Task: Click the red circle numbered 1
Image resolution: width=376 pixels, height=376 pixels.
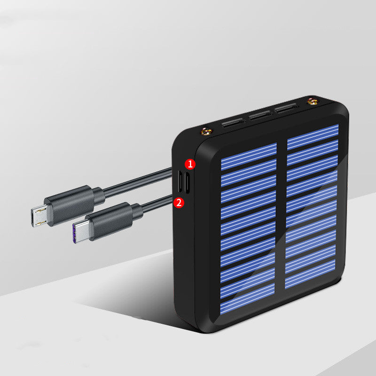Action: pyautogui.click(x=190, y=164)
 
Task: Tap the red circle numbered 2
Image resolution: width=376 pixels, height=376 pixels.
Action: pyautogui.click(x=179, y=203)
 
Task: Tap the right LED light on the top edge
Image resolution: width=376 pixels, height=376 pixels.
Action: pyautogui.click(x=311, y=101)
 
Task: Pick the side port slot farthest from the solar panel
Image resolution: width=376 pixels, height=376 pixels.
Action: pyautogui.click(x=180, y=181)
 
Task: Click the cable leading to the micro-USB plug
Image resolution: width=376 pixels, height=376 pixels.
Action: pyautogui.click(x=136, y=181)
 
